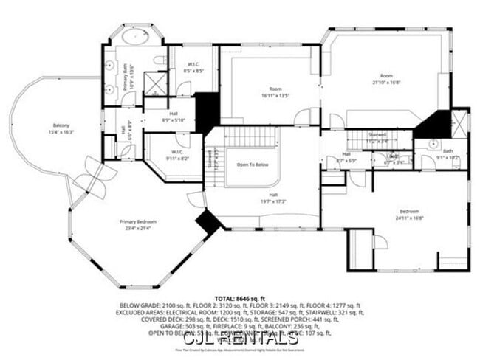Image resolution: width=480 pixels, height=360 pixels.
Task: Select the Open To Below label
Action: point(253,165)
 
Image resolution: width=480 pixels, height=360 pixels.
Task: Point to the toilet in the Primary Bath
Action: point(160,60)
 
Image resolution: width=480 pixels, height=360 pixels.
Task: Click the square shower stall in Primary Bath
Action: point(157,83)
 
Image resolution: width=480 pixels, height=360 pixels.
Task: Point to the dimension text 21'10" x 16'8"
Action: point(386,83)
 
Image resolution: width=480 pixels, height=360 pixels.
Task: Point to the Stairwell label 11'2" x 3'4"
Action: point(377,140)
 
